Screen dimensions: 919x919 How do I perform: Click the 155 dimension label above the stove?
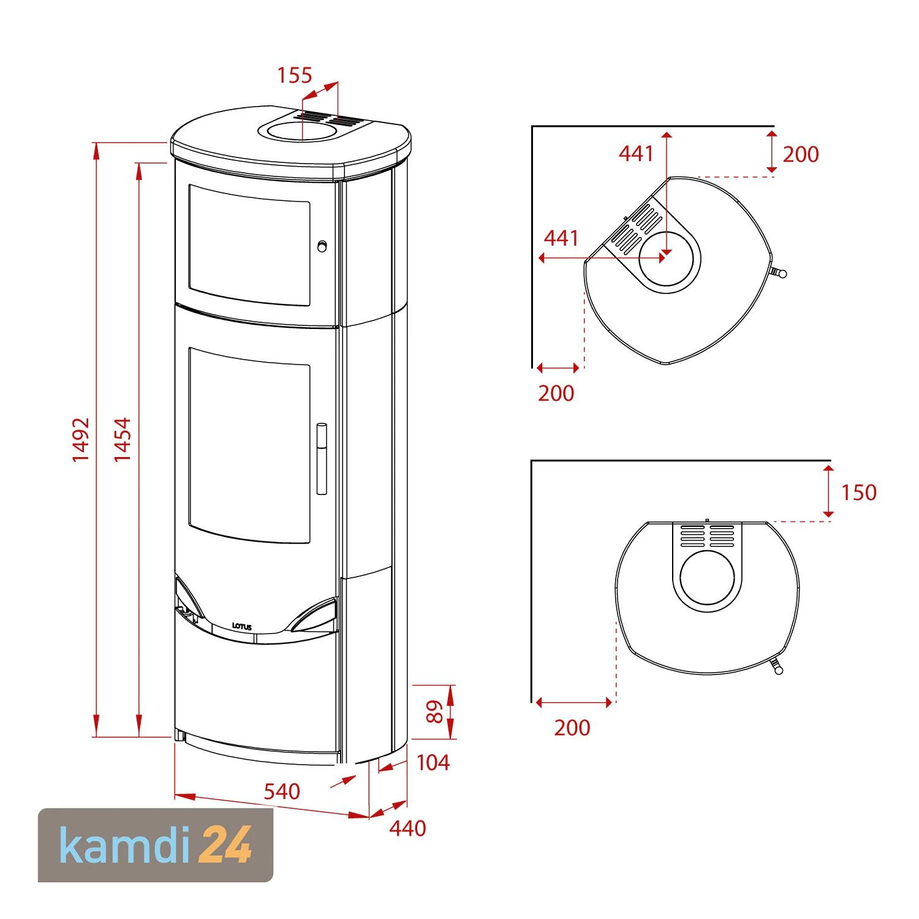(295, 75)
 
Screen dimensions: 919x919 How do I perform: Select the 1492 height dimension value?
(81, 440)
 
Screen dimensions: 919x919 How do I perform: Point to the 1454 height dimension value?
(123, 440)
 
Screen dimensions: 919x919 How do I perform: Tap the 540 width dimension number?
(282, 791)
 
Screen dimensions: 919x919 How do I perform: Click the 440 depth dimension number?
(407, 828)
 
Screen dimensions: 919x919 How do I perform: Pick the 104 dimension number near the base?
(433, 763)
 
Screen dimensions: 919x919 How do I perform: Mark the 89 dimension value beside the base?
(434, 712)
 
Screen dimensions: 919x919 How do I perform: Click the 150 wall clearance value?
(858, 492)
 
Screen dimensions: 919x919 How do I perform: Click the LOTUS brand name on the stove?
(242, 627)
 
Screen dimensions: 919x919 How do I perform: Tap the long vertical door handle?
(322, 458)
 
